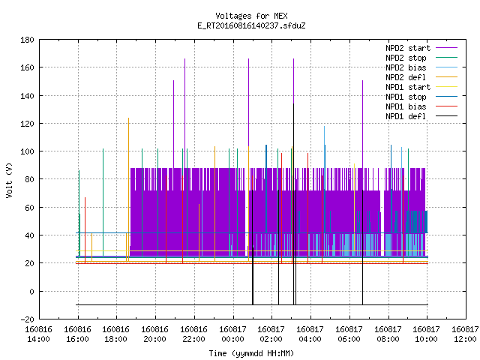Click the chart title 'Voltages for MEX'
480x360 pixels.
251,16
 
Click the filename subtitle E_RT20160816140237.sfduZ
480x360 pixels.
251,25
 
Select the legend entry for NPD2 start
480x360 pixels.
421,48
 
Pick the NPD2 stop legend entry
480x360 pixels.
421,58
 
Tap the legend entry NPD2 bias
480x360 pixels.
421,67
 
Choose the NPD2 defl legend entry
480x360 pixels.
421,77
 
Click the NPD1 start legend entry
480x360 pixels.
421,87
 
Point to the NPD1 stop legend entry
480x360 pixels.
421,97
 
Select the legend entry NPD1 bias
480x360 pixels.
421,106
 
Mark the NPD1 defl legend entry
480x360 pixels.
421,117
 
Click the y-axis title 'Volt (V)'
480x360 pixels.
9,180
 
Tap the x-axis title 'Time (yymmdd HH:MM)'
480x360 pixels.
251,353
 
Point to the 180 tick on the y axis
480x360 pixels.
27,40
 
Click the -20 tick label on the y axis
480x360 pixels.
27,319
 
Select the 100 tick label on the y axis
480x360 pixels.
27,151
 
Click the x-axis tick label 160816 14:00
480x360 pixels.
38,334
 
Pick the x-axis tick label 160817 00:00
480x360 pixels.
233,334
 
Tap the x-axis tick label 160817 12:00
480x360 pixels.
465,334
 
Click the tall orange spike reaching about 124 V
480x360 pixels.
128,190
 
